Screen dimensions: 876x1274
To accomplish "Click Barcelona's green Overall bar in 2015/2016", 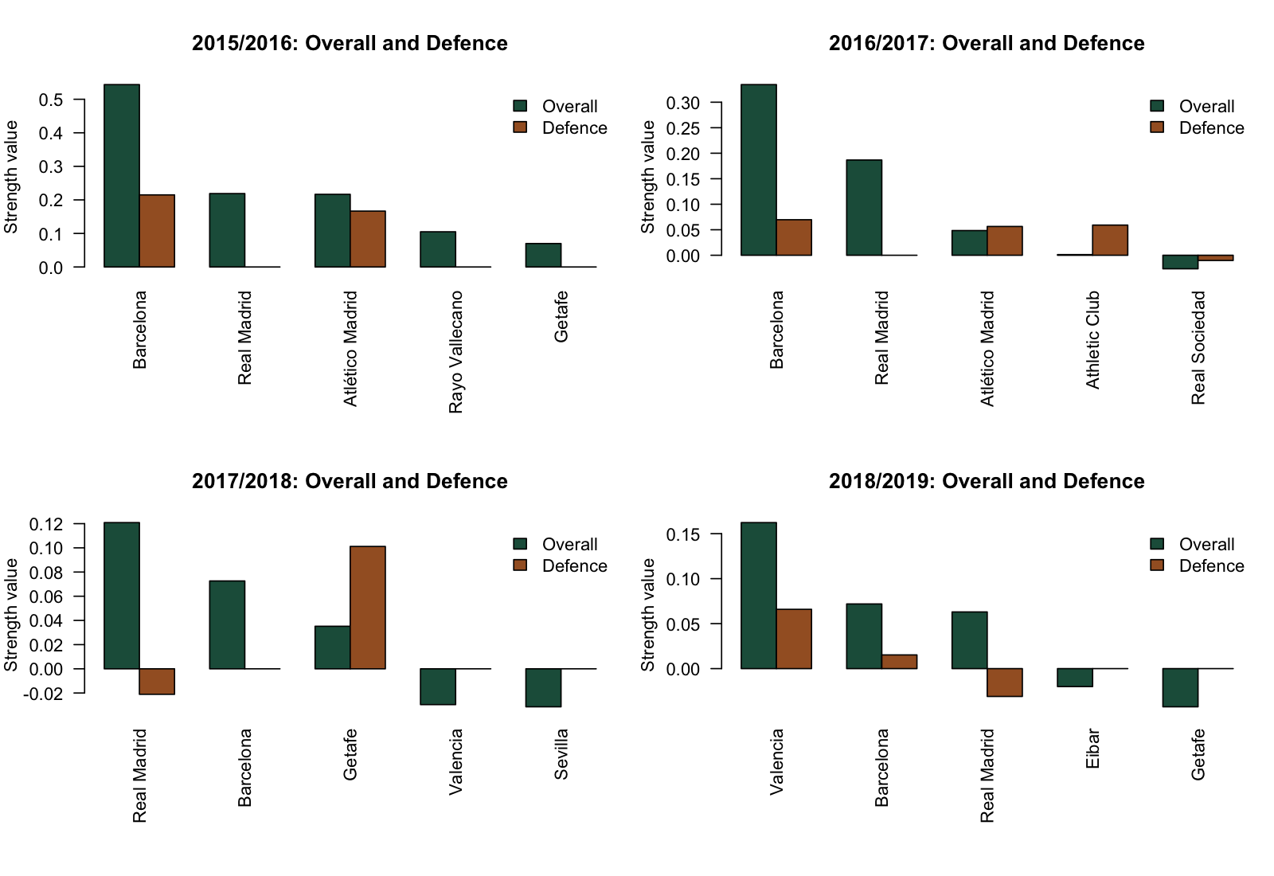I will [x=122, y=175].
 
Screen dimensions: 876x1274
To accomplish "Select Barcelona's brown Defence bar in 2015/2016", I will [x=157, y=231].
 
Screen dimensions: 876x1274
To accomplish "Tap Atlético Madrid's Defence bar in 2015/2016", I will [x=368, y=239].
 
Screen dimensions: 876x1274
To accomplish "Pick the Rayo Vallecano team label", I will [x=455, y=352].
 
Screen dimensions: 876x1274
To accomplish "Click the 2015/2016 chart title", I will [x=350, y=44].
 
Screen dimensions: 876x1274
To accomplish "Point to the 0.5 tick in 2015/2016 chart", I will [x=51, y=100].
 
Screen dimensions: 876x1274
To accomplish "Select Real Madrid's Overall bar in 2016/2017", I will [x=864, y=207].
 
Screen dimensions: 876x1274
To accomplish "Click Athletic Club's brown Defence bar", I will [x=1110, y=240].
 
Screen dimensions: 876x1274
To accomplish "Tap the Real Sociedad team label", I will [x=1198, y=347].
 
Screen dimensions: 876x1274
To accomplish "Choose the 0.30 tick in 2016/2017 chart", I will [x=683, y=103].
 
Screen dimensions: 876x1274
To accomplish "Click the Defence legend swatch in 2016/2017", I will [x=1158, y=127].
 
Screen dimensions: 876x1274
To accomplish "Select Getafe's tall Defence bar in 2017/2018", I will [x=368, y=607].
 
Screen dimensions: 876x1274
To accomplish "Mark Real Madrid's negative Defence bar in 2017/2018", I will [x=157, y=682].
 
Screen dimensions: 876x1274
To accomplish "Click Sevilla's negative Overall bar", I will [x=543, y=687].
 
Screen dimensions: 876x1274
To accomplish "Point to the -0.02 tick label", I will [x=43, y=694].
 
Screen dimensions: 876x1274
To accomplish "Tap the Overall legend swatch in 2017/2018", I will [x=521, y=544].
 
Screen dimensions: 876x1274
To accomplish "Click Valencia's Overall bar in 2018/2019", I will [x=759, y=595].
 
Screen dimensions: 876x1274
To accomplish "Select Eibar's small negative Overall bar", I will [x=1075, y=678].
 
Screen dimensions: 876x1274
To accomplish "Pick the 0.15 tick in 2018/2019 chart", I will [x=683, y=534].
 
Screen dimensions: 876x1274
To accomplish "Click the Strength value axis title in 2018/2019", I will [x=648, y=615].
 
